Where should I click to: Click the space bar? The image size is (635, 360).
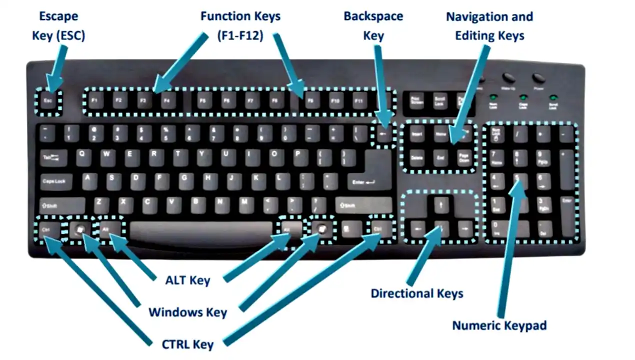click(201, 230)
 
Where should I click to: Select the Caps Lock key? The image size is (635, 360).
click(55, 181)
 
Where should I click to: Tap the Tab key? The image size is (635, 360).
click(52, 157)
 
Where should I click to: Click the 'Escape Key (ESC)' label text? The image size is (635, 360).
click(58, 26)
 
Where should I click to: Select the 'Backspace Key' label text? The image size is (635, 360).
click(373, 26)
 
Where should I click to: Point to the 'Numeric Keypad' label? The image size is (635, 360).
click(499, 325)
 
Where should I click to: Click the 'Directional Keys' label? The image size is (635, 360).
click(416, 293)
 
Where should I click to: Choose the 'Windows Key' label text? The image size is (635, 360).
click(187, 312)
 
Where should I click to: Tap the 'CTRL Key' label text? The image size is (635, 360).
click(187, 344)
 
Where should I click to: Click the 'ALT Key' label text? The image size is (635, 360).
click(187, 280)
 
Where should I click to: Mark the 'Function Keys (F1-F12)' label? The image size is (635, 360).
click(240, 26)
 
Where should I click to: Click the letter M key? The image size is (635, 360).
click(243, 203)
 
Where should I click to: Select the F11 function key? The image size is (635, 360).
click(357, 101)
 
